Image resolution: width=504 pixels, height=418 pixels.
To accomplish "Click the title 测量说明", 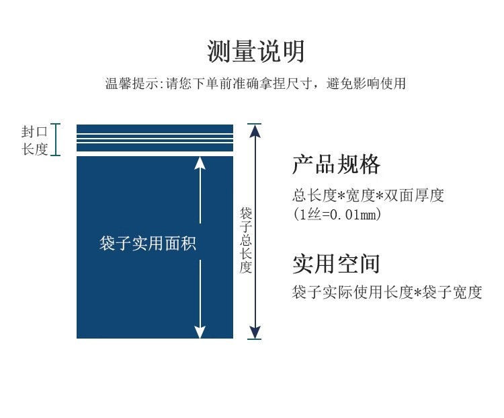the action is [255, 52].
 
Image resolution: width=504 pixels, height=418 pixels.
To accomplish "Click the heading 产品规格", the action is [336, 164].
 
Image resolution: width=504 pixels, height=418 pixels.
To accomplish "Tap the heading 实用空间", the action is [336, 264].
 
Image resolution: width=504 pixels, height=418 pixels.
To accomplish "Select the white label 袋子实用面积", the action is [148, 243].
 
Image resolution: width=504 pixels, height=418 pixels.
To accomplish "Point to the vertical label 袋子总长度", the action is [245, 240].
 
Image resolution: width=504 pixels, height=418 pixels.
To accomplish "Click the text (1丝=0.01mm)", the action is [337, 214].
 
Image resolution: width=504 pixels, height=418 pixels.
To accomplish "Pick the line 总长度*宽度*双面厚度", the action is [368, 195].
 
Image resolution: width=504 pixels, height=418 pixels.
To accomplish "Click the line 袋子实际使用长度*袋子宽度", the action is [387, 292].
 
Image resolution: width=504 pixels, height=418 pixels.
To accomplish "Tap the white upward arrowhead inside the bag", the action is [200, 163].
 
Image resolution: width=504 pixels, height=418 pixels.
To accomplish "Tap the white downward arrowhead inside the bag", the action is [200, 332].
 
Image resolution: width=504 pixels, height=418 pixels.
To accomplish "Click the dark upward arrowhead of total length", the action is [255, 131].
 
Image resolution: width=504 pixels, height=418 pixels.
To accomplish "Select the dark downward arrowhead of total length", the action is [255, 333].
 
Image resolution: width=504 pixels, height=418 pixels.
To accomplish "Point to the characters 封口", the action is [34, 132].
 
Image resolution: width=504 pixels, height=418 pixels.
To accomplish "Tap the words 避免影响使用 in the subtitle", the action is [366, 83].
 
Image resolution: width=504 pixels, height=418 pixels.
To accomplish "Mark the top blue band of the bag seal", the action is [155, 129].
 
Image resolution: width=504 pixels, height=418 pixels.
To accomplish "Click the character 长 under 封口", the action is [28, 149].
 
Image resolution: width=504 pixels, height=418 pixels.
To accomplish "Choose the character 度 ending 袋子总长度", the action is [245, 267].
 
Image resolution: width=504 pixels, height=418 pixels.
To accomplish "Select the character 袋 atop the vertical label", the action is [245, 213].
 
